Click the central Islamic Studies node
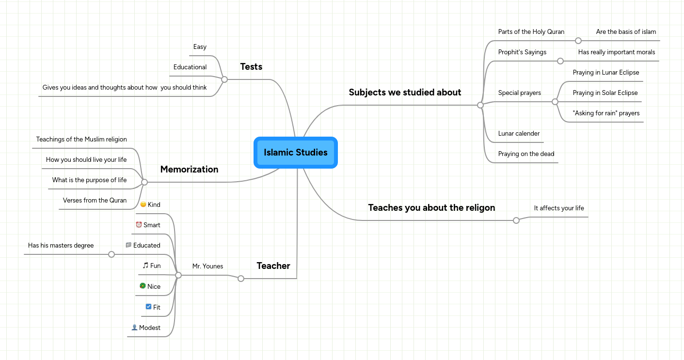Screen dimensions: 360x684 point(295,153)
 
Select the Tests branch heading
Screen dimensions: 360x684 point(251,67)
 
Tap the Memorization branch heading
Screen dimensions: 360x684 point(189,170)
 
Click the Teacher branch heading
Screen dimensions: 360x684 point(273,266)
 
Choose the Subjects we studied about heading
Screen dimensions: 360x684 point(405,93)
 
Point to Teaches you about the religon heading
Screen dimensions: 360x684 point(431,208)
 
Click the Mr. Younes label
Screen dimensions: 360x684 point(207,266)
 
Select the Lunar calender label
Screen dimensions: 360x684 point(519,134)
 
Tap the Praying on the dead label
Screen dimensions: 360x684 point(526,154)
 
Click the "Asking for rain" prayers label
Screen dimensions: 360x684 point(606,113)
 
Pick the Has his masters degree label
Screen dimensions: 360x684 point(61,246)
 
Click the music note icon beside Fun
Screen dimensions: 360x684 point(145,266)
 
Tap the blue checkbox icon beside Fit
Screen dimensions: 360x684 point(148,307)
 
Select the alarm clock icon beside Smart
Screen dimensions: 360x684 point(139,225)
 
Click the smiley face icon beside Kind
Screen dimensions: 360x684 point(143,204)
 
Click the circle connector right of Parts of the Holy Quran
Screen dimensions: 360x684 point(578,41)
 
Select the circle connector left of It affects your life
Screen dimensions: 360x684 point(516,220)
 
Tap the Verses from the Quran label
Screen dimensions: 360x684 point(95,201)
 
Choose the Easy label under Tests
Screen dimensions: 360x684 point(200,47)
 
